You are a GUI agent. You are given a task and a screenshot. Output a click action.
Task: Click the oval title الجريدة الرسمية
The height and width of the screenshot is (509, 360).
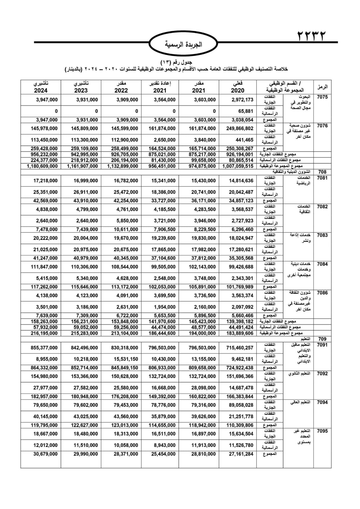(183, 45)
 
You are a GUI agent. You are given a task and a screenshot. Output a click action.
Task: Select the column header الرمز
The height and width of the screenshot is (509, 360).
(322, 87)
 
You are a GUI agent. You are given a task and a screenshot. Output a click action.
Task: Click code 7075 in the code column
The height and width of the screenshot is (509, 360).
(322, 97)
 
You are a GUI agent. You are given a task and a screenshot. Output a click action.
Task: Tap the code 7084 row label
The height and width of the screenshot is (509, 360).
(322, 264)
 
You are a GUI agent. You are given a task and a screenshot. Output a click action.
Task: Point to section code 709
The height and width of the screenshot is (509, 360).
(322, 339)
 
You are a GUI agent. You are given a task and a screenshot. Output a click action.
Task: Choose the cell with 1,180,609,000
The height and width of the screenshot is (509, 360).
(42, 166)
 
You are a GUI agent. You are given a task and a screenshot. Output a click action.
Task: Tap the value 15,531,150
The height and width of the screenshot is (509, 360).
(126, 359)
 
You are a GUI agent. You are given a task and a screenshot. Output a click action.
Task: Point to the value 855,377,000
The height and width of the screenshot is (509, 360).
(44, 348)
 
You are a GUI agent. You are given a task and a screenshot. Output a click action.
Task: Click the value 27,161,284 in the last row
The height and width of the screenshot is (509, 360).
(241, 454)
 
